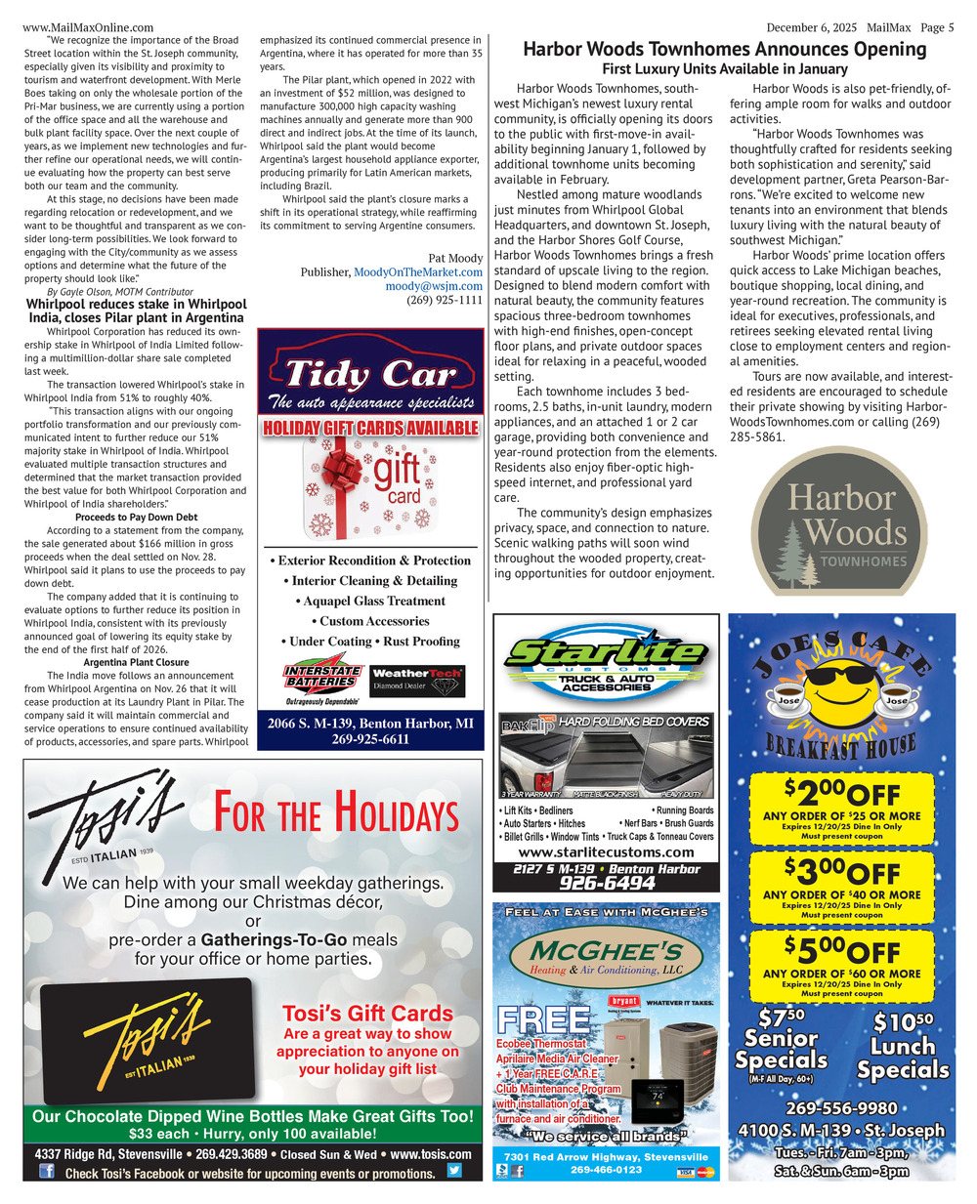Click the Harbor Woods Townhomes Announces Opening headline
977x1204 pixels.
[724, 49]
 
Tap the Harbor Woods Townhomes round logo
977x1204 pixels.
[838, 517]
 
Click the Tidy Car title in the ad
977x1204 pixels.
[370, 373]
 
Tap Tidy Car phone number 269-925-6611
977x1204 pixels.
[370, 739]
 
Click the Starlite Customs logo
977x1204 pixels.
[606, 654]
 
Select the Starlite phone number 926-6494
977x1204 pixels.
[607, 883]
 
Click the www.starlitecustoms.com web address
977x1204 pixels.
[607, 851]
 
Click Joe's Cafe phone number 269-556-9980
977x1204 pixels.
[841, 1108]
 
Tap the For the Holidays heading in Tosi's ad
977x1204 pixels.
[335, 812]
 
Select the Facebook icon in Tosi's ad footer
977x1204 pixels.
[46, 1171]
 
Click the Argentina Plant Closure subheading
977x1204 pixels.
[136, 662]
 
